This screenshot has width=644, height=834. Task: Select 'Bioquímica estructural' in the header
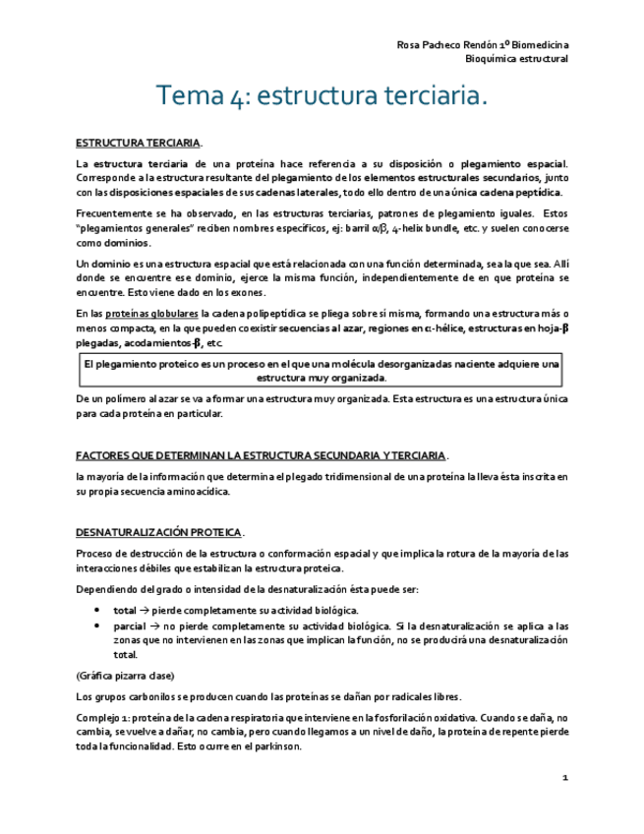tap(517, 59)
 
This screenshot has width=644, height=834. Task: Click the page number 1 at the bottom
tap(565, 779)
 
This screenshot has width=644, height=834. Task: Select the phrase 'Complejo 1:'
tap(102, 718)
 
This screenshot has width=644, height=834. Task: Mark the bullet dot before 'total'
tap(97, 610)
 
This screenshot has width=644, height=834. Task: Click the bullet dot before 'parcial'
tap(97, 625)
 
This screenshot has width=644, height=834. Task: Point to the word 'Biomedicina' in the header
tap(538, 45)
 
